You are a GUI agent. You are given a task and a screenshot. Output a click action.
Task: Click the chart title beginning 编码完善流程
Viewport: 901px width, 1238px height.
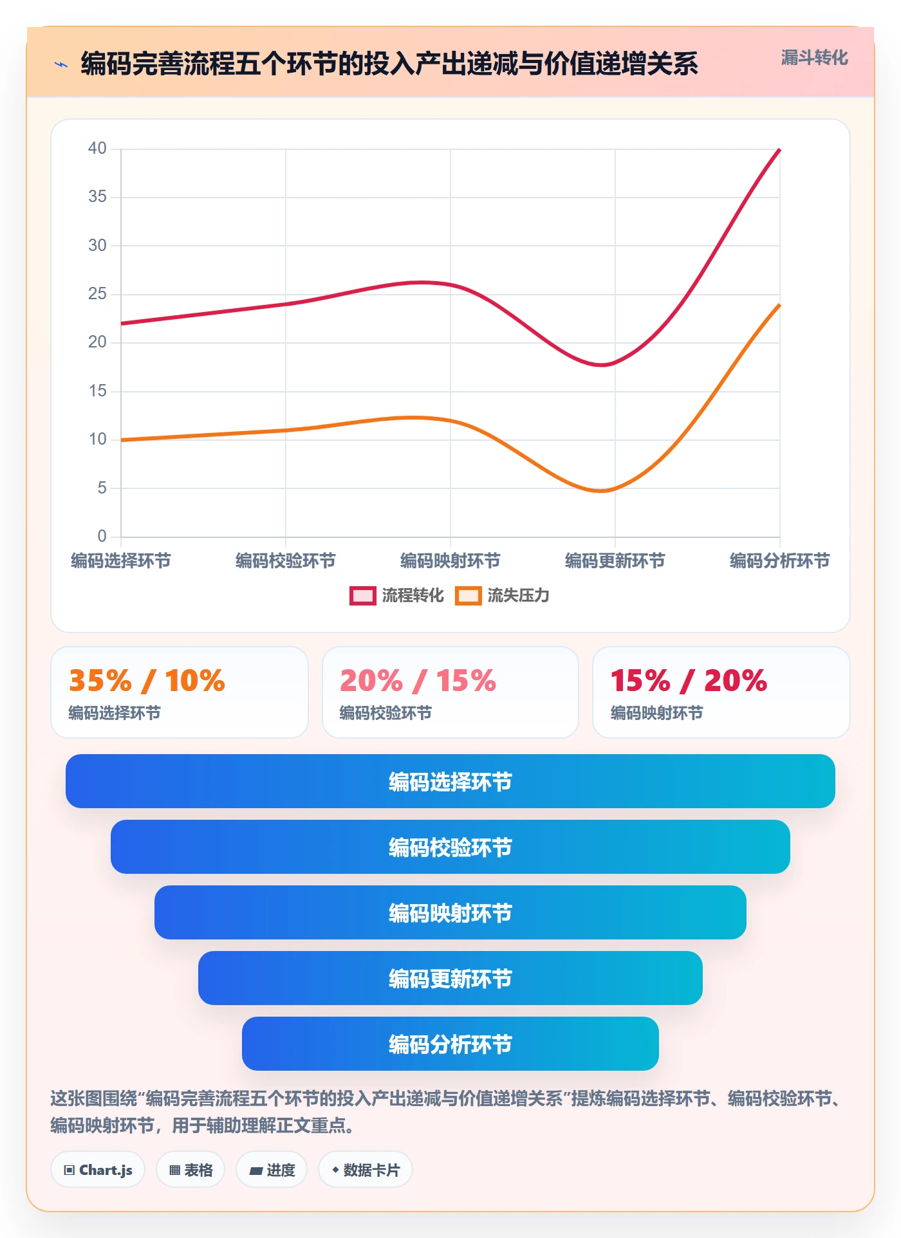pos(389,64)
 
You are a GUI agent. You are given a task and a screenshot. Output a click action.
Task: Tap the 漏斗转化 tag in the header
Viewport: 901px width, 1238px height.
pos(814,58)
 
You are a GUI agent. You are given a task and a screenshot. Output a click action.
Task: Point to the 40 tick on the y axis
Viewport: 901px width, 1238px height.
pos(97,149)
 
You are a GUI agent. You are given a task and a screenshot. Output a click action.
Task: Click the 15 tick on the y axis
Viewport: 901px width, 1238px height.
pos(97,391)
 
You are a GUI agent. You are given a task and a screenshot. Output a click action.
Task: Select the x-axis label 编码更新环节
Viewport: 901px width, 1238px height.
pos(615,561)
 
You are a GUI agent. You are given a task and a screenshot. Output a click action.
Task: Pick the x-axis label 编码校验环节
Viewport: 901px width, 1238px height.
pos(285,561)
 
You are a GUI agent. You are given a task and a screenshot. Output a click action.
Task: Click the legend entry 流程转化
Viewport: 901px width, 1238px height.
pos(396,595)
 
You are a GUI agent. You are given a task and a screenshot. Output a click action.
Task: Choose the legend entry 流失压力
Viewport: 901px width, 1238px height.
pos(502,595)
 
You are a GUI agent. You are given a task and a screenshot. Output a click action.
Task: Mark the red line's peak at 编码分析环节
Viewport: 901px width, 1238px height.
pos(779,149)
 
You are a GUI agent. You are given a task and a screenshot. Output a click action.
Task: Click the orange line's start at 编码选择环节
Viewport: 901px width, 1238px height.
pos(121,440)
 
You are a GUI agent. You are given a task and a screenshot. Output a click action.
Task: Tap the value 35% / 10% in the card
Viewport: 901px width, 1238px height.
pos(147,681)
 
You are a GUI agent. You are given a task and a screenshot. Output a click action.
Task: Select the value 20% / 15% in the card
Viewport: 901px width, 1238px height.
pos(418,681)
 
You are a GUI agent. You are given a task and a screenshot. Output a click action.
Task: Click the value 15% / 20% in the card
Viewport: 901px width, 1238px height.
pos(689,681)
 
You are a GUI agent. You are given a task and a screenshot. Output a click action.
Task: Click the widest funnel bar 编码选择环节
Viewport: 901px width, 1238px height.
pos(450,781)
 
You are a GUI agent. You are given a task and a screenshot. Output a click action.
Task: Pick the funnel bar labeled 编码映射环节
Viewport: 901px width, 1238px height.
pos(450,912)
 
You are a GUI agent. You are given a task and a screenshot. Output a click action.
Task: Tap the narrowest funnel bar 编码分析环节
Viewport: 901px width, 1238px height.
pos(450,1044)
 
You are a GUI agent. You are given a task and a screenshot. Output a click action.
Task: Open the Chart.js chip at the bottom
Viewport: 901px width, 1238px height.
pos(98,1170)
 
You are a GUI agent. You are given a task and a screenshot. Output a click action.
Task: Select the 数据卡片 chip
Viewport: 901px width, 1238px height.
pos(366,1170)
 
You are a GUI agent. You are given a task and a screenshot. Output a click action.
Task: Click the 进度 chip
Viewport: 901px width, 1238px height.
pos(272,1170)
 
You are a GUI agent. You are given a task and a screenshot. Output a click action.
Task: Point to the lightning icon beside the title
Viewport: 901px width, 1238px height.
pos(61,64)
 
